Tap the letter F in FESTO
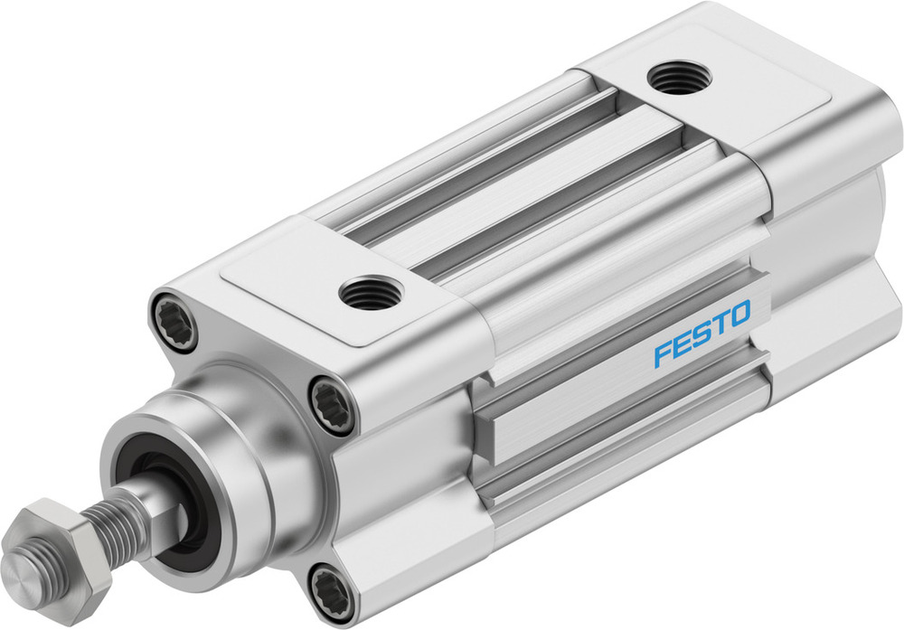tap(662, 353)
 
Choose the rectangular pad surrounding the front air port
tap(298, 289)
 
